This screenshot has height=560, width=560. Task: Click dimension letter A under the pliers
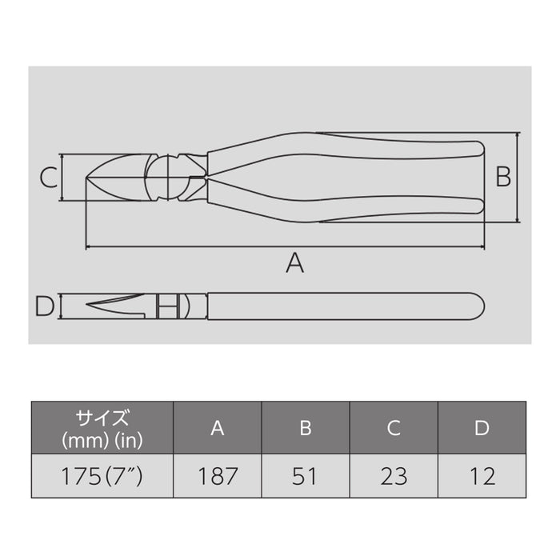(x=295, y=262)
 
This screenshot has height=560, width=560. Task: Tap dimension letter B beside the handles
(x=502, y=177)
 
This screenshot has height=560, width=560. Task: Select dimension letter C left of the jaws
(x=50, y=177)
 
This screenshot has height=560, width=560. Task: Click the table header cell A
(x=217, y=428)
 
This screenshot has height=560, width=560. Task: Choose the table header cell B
(x=305, y=428)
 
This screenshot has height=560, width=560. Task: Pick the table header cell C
(x=394, y=428)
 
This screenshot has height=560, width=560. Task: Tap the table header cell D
(x=481, y=428)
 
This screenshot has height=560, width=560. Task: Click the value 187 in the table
(x=217, y=476)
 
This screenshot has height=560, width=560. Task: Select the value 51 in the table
(x=305, y=476)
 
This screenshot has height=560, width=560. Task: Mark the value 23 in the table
(x=394, y=476)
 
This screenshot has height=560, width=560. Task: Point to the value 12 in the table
(x=481, y=476)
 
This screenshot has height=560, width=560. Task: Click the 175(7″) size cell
(x=102, y=476)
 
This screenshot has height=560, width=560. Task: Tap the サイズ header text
(x=102, y=418)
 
